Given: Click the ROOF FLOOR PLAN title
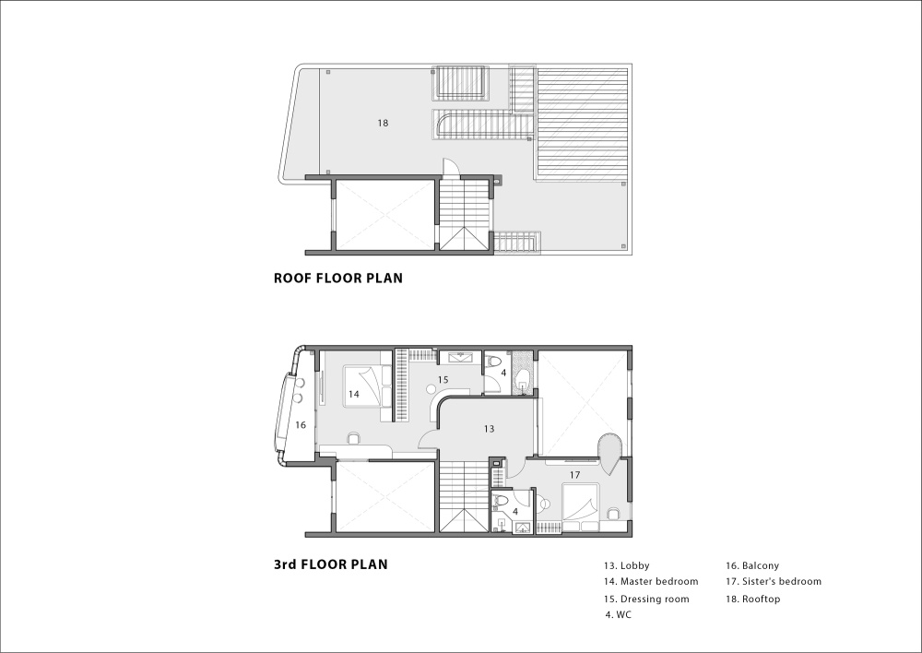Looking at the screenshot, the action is coord(338,278).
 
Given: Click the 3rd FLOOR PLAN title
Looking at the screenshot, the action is coord(330,564).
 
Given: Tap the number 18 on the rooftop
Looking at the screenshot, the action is coord(383,123).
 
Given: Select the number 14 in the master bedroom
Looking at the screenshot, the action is coord(353,394).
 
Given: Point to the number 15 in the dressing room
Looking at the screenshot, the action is coord(443,380).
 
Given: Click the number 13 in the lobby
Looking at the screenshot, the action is coord(490,429).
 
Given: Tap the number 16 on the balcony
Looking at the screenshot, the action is coord(301,425).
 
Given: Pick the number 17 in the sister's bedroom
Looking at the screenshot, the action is coord(574,475).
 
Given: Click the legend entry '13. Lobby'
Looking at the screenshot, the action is coord(626,566).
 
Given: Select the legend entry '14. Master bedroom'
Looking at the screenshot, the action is coord(651,581).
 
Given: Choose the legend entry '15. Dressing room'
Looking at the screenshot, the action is coord(646,599).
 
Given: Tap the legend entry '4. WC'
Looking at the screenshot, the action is coord(619,615).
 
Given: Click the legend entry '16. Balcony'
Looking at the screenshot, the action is coord(752,566).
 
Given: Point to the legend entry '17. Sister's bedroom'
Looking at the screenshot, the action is coord(774,581).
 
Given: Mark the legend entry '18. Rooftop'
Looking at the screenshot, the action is coord(752,599).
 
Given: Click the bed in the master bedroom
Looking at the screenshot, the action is coord(367,386).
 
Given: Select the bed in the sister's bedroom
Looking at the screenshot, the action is coord(580,503).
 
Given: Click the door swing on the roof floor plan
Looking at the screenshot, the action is coord(449,168).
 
